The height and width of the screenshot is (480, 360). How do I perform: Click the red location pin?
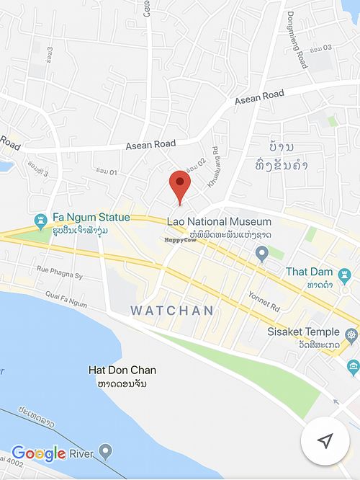pos(179,185)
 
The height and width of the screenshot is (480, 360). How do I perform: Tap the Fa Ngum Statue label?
pos(90,217)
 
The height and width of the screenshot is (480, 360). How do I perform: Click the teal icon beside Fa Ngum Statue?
pos(41,219)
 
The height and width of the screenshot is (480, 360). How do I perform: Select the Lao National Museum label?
pos(219,221)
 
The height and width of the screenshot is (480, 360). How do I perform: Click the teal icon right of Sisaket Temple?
pos(351,334)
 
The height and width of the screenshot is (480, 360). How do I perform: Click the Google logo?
pos(39,453)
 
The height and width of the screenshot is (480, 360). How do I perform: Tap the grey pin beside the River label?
pos(106,453)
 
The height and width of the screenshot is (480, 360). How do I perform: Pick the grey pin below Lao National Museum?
pos(263,252)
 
